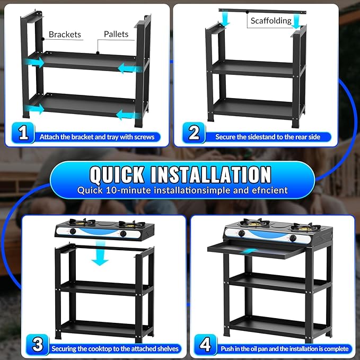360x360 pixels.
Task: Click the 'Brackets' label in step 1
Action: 65,34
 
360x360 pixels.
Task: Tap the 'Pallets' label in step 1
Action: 116,34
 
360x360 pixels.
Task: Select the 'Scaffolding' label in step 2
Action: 271,21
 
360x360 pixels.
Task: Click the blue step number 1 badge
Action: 23,133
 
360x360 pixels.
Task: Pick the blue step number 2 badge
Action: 194,133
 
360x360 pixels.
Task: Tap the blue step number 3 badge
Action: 38,345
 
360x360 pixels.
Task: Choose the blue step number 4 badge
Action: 206,345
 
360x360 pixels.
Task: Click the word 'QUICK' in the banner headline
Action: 117,175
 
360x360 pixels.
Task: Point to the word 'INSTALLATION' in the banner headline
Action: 211,174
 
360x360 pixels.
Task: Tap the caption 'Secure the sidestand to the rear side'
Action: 268,137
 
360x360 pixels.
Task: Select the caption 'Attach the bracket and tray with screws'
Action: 97,137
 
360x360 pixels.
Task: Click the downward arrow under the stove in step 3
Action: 100,253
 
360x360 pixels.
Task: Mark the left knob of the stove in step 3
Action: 73,231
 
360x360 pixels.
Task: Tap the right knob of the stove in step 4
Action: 293,238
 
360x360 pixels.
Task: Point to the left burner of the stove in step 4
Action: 256,223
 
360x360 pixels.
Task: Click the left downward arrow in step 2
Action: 226,19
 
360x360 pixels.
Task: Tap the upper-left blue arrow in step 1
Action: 34,63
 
